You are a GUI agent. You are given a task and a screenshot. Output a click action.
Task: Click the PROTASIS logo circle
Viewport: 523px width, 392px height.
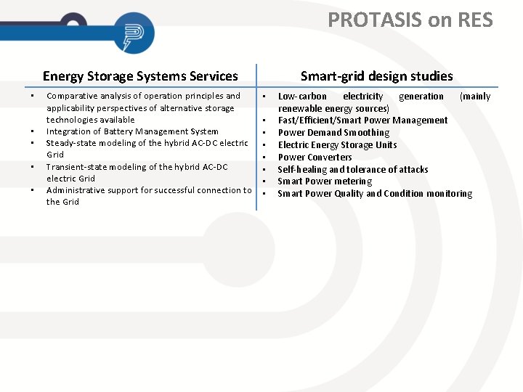click(134, 33)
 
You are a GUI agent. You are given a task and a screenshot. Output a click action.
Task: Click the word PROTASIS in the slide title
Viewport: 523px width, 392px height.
click(376, 20)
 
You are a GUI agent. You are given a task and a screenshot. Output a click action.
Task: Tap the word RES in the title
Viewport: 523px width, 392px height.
click(475, 20)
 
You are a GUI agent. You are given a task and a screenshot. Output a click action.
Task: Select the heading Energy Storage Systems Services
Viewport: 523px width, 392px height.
click(140, 76)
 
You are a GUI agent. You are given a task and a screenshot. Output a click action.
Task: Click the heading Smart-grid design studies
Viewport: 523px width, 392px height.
click(376, 76)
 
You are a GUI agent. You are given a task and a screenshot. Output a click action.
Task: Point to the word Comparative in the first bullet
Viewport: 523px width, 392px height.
click(71, 96)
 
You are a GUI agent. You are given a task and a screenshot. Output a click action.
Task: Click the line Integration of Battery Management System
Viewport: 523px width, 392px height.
click(132, 131)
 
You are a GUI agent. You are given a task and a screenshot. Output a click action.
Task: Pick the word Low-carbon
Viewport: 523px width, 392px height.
click(302, 97)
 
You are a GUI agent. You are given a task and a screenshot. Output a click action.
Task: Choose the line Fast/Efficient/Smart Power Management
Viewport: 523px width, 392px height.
click(362, 121)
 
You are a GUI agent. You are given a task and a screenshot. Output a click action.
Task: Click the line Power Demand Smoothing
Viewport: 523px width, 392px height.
click(333, 133)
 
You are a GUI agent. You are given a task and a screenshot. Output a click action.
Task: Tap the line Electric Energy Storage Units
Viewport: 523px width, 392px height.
click(337, 145)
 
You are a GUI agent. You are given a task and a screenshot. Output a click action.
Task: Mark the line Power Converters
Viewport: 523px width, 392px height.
click(315, 158)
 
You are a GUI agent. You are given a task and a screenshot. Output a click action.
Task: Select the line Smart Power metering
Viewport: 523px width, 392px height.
click(325, 181)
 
